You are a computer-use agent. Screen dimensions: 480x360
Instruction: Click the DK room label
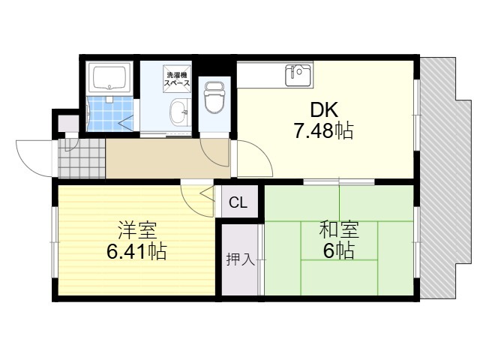[324, 110]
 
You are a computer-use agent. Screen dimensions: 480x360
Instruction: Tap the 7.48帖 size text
[323, 130]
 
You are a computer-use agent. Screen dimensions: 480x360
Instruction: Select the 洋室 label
[137, 230]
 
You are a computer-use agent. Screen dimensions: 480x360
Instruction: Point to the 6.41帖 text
[136, 251]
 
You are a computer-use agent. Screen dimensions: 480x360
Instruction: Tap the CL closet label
[238, 202]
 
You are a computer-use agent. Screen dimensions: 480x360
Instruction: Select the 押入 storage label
[240, 259]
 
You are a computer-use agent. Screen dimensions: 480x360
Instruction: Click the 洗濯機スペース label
[177, 79]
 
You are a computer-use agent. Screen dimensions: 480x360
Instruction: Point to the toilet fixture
[214, 97]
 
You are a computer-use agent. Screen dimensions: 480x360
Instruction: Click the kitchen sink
[298, 75]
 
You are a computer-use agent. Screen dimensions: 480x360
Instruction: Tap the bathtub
[109, 78]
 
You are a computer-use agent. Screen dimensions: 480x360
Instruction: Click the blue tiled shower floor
[110, 114]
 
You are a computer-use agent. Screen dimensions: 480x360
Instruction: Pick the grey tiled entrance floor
[82, 158]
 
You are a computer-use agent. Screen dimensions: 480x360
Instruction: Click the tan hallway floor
[168, 158]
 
